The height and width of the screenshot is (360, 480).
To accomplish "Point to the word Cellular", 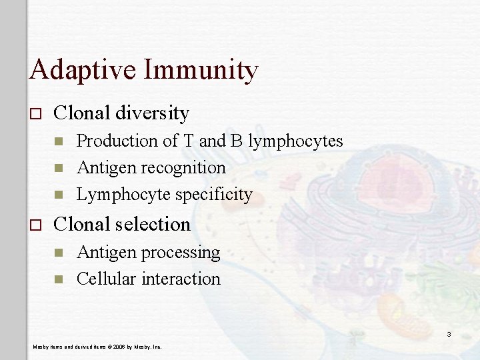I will [x=106, y=279].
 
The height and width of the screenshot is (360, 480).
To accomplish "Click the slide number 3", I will [x=449, y=333].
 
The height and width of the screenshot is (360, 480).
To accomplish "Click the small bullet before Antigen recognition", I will [x=59, y=168].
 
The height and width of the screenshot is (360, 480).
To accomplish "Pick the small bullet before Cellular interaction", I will [x=59, y=279].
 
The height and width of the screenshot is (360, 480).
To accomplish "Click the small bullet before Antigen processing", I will [x=59, y=252].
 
